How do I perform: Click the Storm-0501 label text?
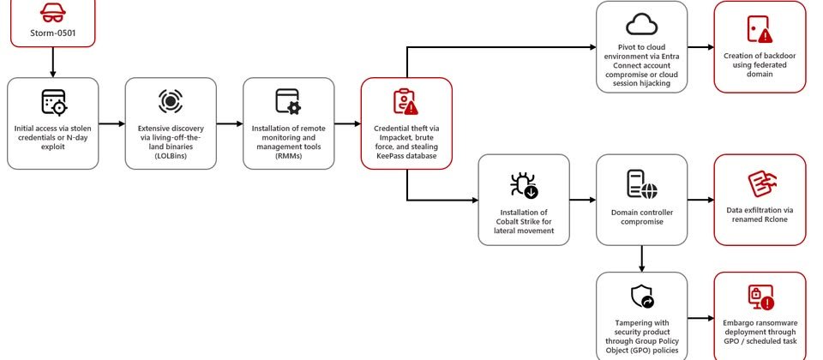[x=52, y=33]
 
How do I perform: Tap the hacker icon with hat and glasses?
[x=52, y=13]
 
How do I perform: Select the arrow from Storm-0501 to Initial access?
[x=52, y=63]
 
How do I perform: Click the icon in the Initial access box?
[x=53, y=102]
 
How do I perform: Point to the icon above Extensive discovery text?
[x=171, y=102]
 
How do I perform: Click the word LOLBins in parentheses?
[x=171, y=156]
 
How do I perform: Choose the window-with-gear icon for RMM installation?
[x=288, y=102]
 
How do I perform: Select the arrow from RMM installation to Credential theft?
[x=347, y=123]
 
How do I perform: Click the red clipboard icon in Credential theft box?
[x=405, y=102]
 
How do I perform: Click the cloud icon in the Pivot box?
[x=641, y=24]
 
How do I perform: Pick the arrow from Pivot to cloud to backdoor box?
[x=700, y=47]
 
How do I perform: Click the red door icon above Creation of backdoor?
[x=760, y=29]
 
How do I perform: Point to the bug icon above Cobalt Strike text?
[x=524, y=185]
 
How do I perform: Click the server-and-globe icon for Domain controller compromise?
[x=642, y=184]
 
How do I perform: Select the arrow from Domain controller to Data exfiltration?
[x=700, y=200]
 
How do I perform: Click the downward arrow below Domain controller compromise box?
[x=641, y=259]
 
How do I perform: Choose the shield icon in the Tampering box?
[x=642, y=297]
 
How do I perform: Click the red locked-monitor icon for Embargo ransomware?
[x=761, y=297]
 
